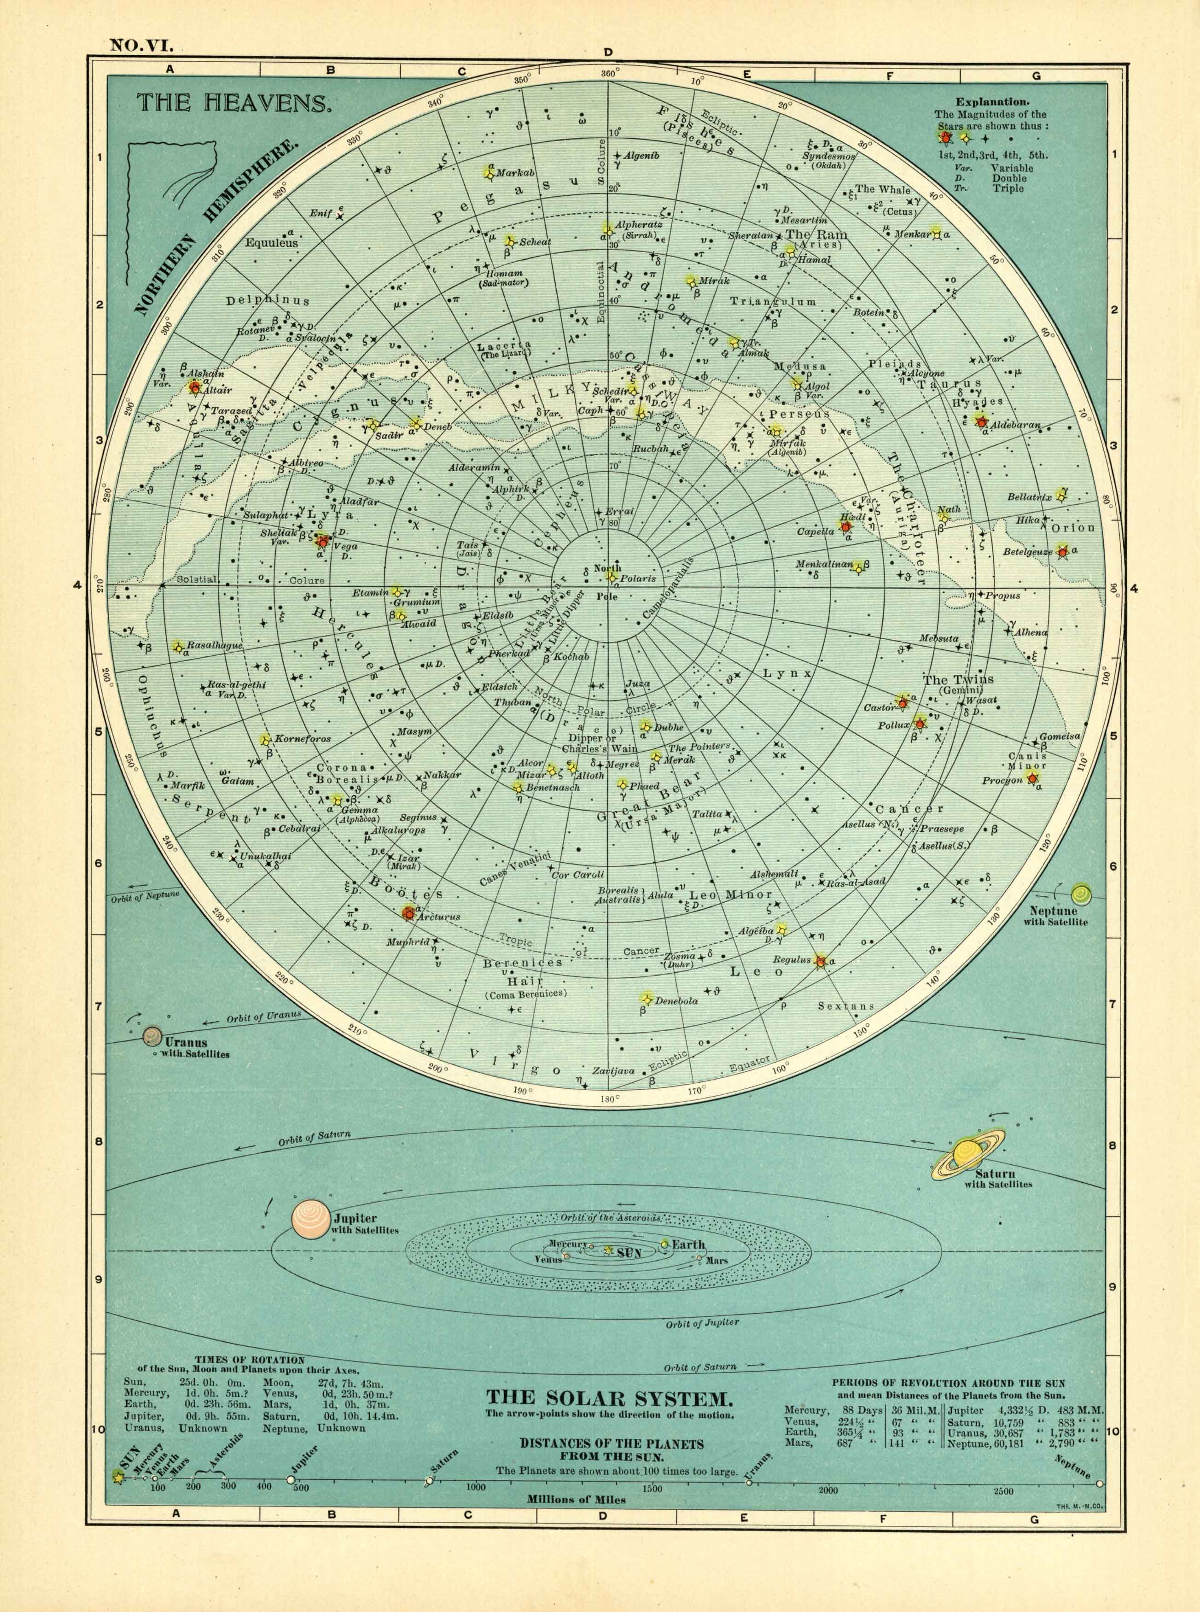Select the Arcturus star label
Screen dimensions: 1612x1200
439,917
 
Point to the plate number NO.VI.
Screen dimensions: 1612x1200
140,46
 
